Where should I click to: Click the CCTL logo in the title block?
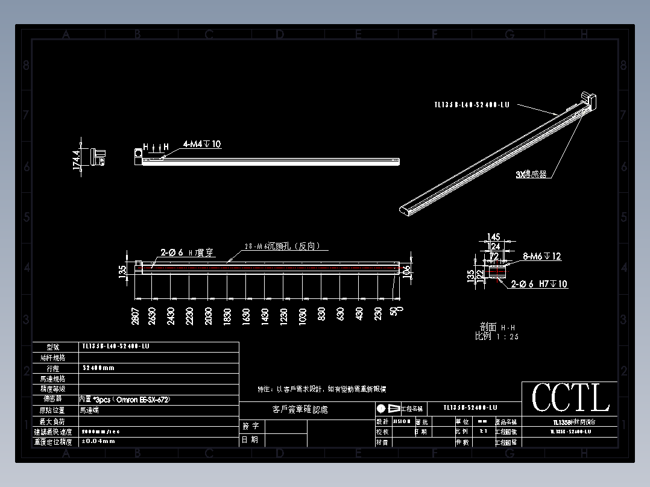[x=570, y=398]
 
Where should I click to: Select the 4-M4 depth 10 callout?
[x=201, y=145]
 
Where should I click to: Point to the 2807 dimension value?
[x=136, y=316]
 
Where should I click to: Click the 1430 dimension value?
[x=265, y=316]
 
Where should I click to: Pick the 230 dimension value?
[x=378, y=315]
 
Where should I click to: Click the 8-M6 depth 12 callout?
[x=541, y=256]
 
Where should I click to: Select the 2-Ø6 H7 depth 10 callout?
[x=539, y=284]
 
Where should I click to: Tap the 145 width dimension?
[x=494, y=236]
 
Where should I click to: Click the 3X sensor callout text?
[x=531, y=175]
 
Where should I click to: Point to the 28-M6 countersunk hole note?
[x=286, y=246]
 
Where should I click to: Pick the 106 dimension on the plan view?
[x=406, y=272]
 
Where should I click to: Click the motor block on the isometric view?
[x=588, y=99]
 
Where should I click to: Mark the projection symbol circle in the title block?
[x=381, y=408]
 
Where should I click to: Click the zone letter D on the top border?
[x=280, y=35]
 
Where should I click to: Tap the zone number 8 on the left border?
[x=26, y=66]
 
